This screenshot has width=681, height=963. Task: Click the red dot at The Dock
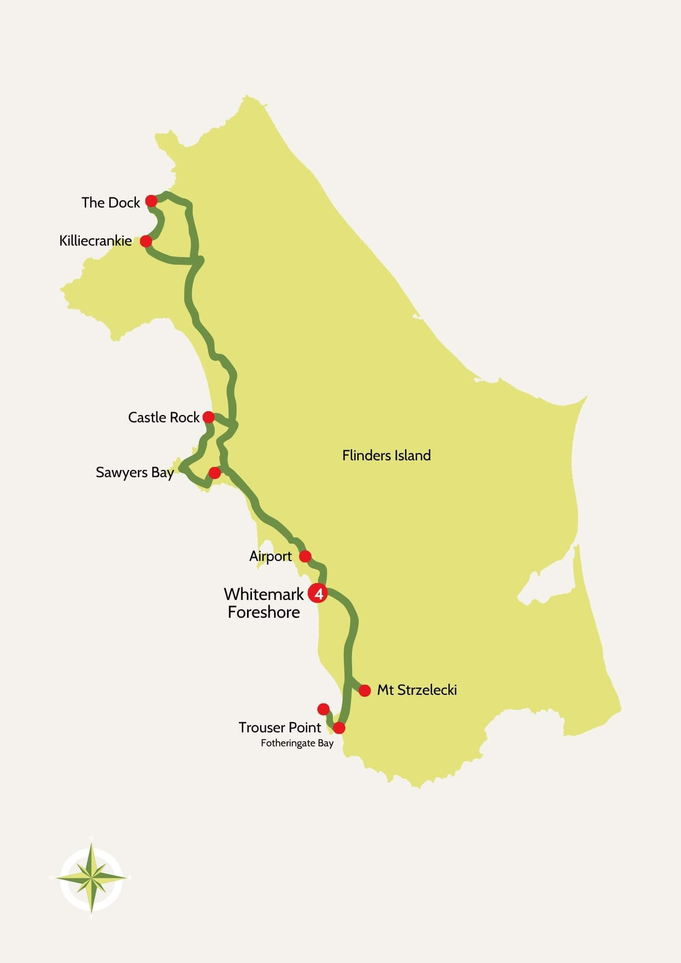[151, 201]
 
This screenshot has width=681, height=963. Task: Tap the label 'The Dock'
[110, 203]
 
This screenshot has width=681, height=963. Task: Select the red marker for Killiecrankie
[146, 241]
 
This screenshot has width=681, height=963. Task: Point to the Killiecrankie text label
[95, 241]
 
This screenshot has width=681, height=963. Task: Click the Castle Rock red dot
[209, 417]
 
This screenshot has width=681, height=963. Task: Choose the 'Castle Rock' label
[163, 417]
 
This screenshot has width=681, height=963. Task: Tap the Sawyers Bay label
[134, 472]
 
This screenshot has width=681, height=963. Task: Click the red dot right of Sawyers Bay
[215, 473]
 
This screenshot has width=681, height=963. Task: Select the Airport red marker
[305, 557]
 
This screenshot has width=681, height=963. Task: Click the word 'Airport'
[270, 557]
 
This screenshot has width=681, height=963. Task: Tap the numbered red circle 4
[318, 594]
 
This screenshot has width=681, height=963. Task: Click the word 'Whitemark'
[263, 594]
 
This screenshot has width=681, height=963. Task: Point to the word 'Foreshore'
[263, 612]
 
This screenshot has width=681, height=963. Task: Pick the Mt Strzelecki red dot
[365, 690]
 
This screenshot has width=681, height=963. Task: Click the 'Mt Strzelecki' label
[417, 690]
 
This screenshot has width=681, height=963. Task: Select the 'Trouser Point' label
[280, 728]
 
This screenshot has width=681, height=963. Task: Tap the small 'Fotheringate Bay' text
[297, 743]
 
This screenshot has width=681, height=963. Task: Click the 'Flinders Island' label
[386, 455]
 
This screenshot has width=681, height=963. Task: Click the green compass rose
[92, 878]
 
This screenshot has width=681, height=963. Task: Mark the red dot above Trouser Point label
[324, 709]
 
